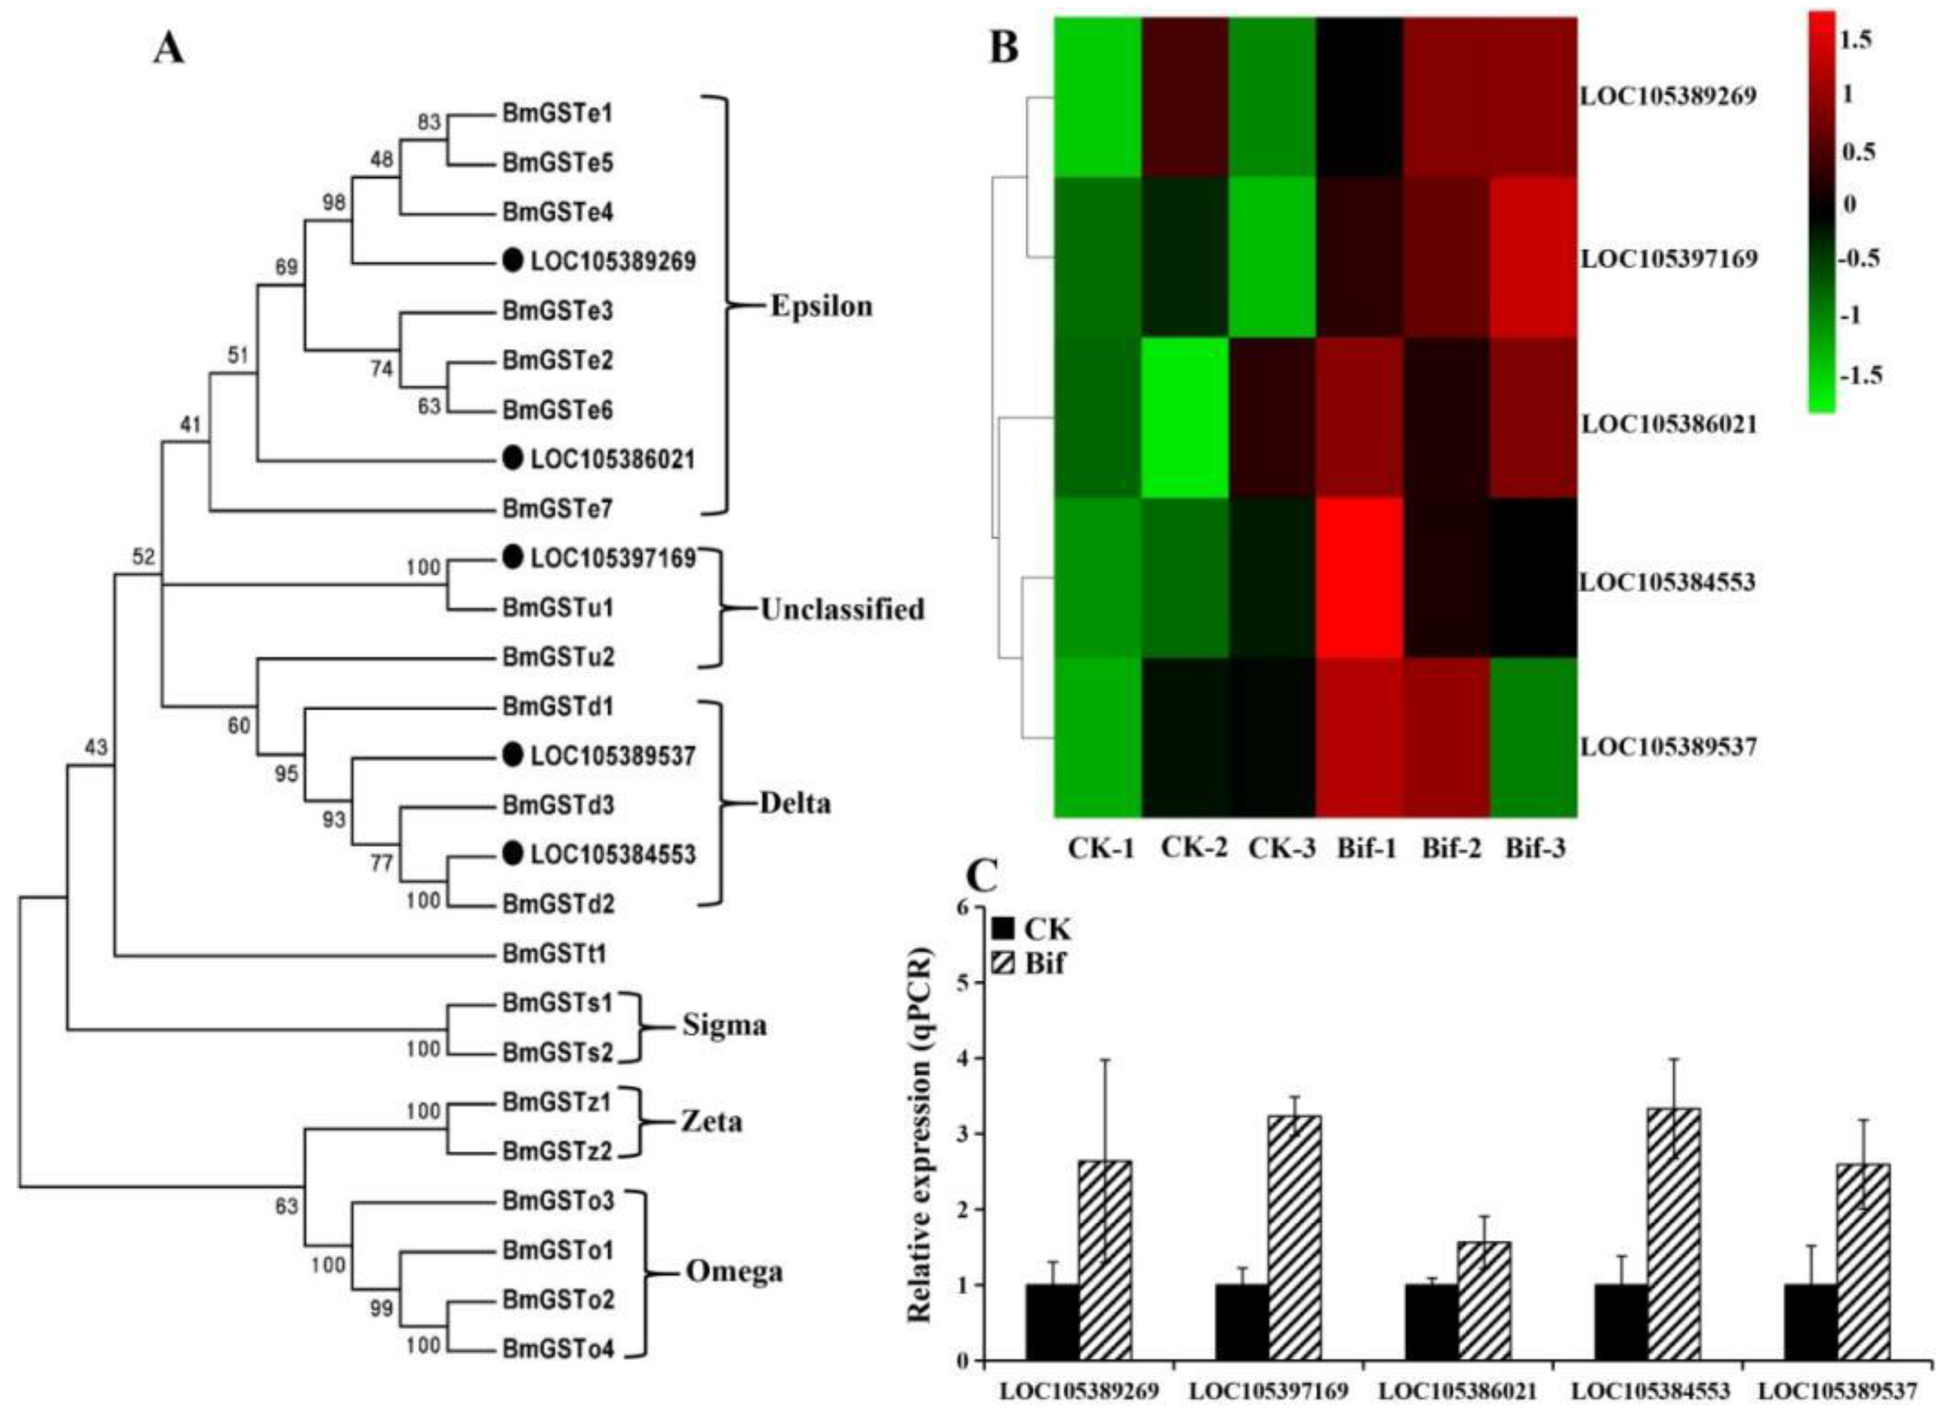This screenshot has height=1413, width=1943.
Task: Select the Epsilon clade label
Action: (821, 306)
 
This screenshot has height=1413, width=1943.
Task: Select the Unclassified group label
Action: (842, 609)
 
